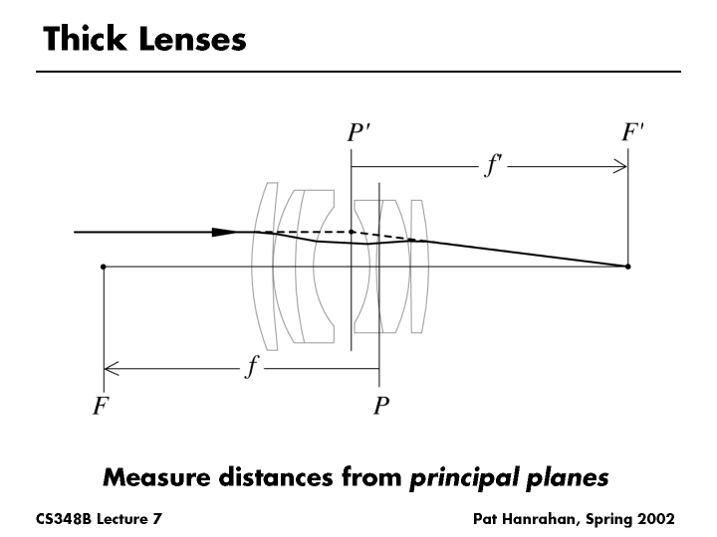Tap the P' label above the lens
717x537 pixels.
coord(359,133)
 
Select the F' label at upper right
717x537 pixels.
coord(633,133)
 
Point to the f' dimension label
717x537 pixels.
coord(492,165)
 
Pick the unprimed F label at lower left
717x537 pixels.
coord(101,406)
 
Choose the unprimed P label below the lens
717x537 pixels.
coord(379,406)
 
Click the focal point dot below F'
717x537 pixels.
coord(627,267)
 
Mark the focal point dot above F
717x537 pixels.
coord(104,267)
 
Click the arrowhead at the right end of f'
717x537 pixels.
coord(621,165)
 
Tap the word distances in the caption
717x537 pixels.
coord(280,477)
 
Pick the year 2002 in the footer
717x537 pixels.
coord(656,519)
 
